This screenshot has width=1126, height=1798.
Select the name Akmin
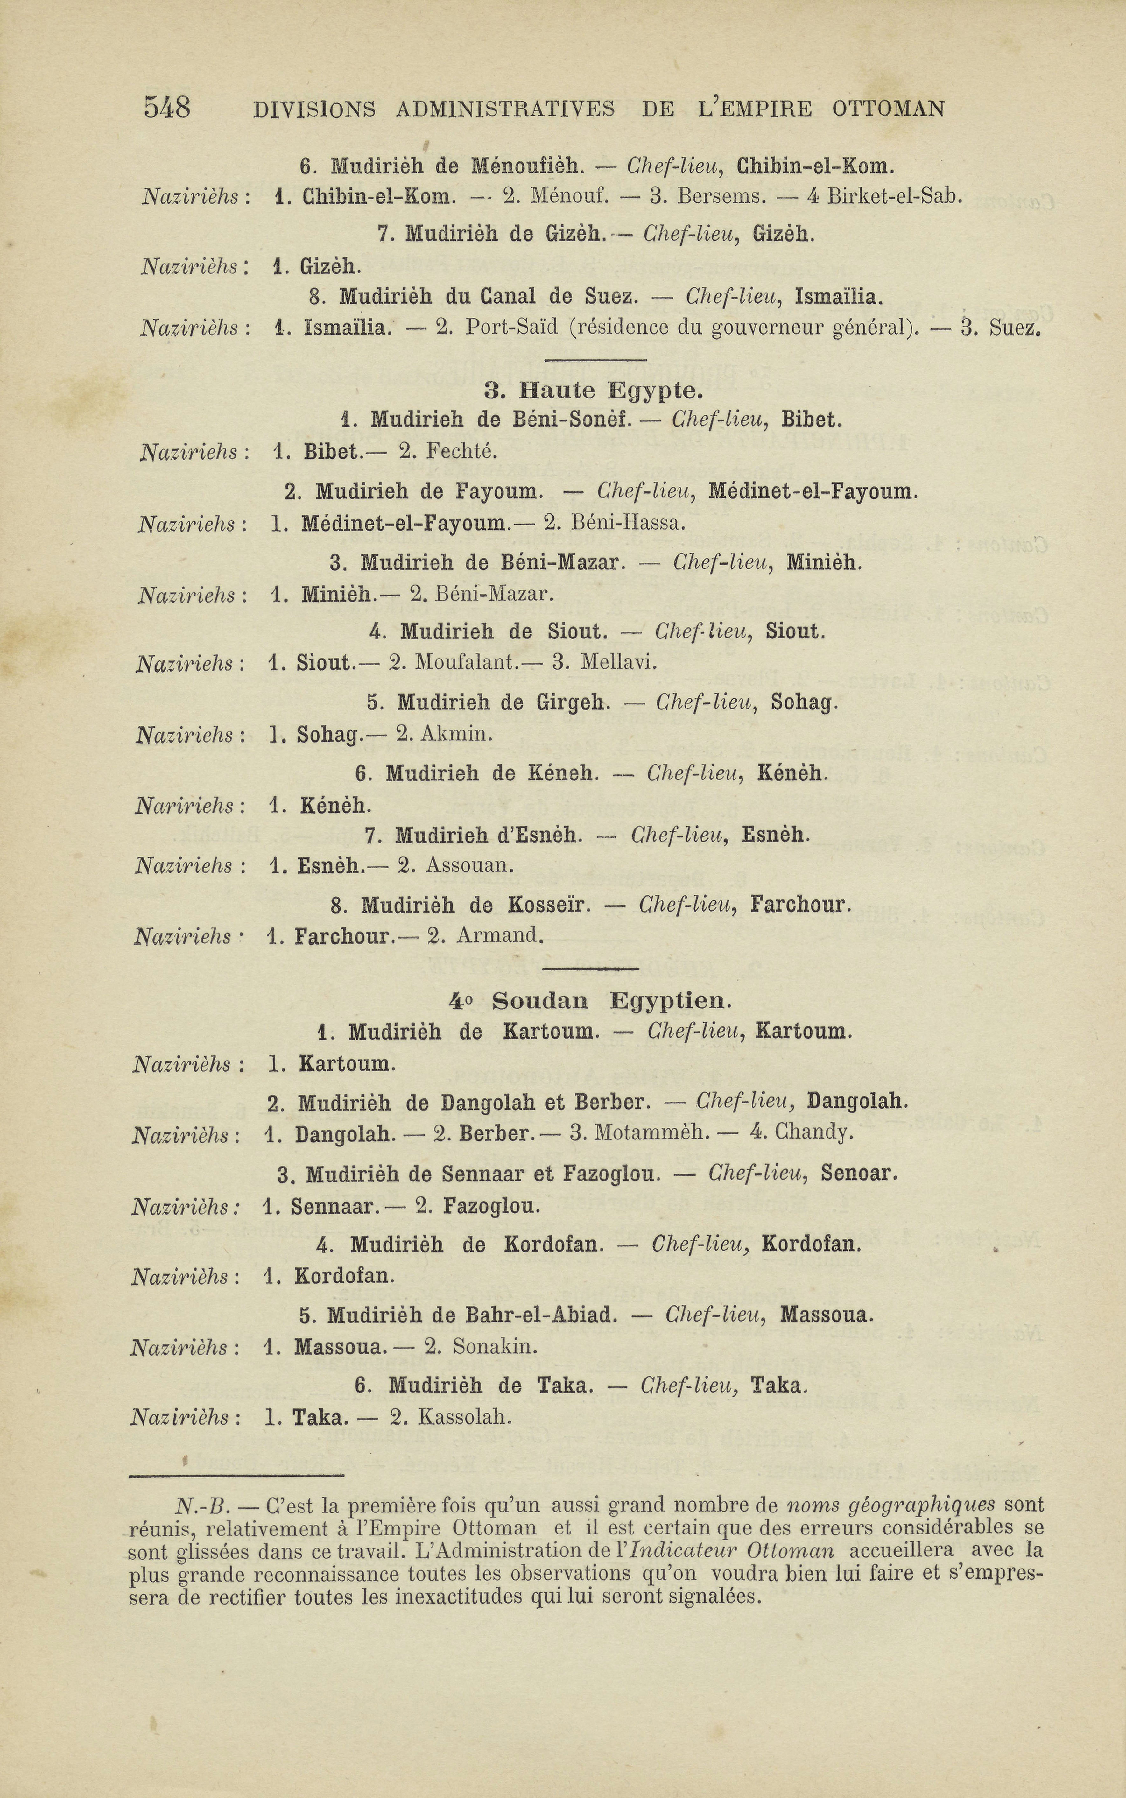[456, 734]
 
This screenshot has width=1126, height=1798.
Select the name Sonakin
[495, 1347]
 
